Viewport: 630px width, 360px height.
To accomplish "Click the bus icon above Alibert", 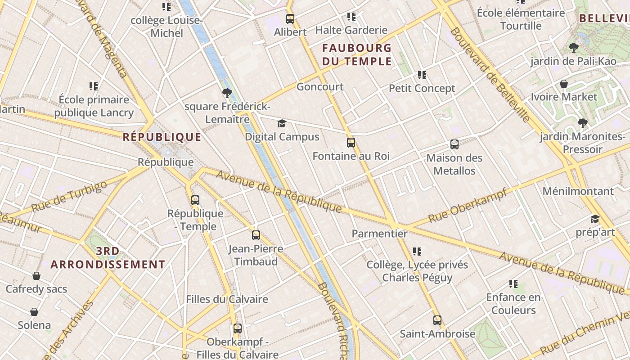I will coord(290,19).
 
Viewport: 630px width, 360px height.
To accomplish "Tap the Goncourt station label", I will coord(320,87).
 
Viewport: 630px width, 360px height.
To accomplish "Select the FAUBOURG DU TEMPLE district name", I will coord(357,54).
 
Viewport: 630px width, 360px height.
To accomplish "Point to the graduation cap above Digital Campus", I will coord(282,124).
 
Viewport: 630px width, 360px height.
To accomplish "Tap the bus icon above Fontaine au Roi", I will coord(351,143).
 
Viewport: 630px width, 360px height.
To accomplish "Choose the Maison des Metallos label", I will coord(454,164).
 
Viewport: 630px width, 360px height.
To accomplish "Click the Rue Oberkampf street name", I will coord(468,206).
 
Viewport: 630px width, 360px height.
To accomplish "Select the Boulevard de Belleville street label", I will coord(490,75).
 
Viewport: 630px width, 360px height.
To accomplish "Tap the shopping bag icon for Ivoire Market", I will coord(563,84).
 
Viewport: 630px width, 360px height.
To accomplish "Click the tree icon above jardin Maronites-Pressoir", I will coord(582,123).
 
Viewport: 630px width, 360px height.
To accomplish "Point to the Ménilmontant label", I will coord(578,191).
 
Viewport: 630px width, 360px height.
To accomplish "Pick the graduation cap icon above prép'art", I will coord(595,219).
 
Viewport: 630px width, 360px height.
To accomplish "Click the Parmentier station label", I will coord(379,234).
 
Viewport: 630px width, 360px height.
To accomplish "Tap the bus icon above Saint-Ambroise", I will coord(437,320).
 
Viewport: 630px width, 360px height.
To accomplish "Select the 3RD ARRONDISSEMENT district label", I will coord(108,258).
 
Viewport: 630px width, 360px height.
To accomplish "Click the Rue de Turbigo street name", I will coord(69,197).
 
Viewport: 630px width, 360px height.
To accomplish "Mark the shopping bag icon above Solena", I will coord(34,312).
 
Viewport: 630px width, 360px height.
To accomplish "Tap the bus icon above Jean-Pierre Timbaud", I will coord(256,235).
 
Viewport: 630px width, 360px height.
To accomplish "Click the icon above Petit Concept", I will coord(422,75).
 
